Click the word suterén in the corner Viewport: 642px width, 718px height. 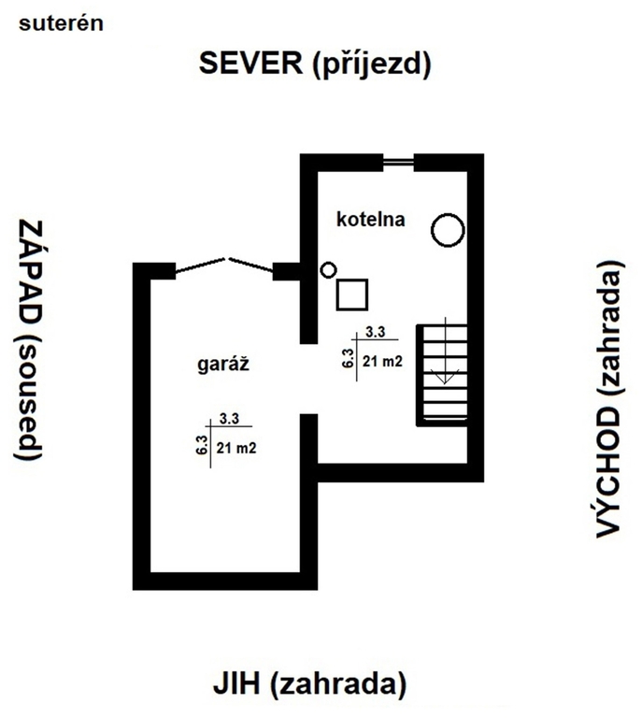[x=61, y=23]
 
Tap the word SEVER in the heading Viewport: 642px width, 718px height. [x=250, y=63]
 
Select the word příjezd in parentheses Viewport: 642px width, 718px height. [x=372, y=65]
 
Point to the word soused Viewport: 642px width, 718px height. [x=28, y=396]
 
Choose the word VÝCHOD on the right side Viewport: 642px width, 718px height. [x=609, y=471]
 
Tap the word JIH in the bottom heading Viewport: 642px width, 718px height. [x=236, y=683]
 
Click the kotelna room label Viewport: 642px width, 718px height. [x=371, y=220]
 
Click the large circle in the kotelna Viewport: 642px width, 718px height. [x=448, y=214]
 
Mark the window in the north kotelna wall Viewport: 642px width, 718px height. [x=398, y=162]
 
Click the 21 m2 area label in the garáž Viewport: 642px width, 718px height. [x=236, y=448]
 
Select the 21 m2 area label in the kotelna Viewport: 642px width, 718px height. [x=382, y=361]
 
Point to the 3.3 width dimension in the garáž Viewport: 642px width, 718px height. [x=229, y=419]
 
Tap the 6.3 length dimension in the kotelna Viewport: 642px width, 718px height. [x=348, y=358]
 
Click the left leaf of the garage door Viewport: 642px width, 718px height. [x=200, y=266]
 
